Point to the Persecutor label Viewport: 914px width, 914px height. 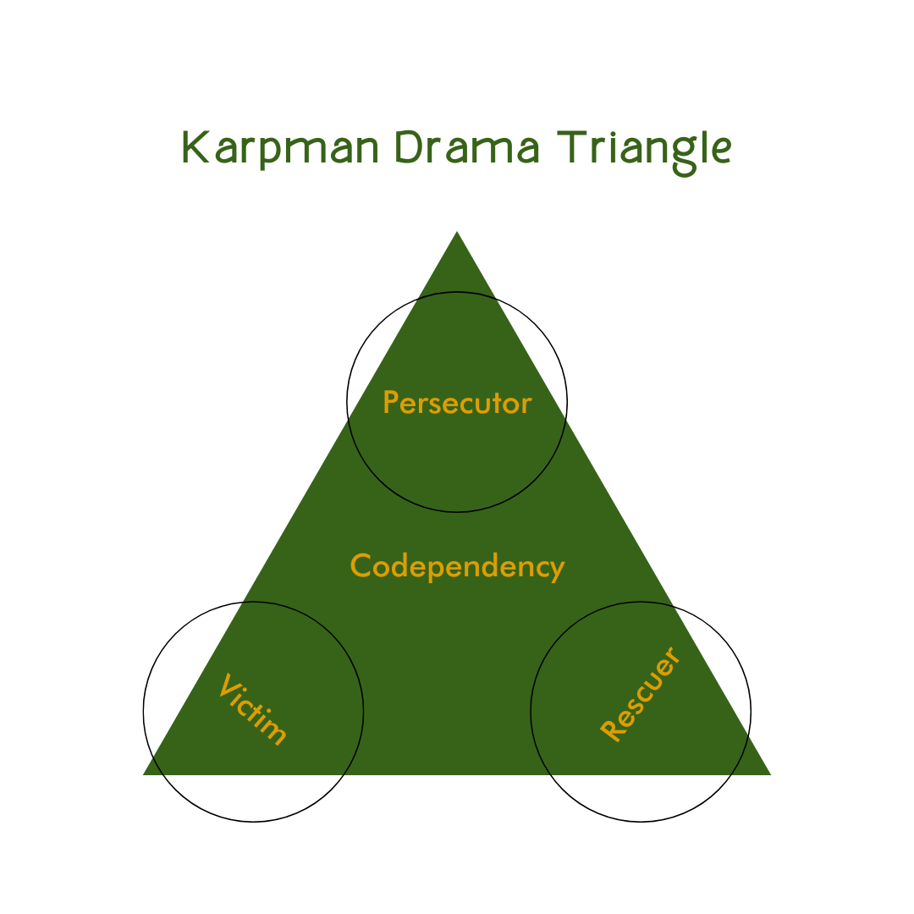point(457,403)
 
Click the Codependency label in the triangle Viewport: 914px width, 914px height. point(457,566)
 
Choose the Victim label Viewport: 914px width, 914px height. point(253,709)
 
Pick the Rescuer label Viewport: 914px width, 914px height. point(640,695)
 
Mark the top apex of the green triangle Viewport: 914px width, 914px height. point(457,233)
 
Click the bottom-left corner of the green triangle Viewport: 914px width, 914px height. point(146,774)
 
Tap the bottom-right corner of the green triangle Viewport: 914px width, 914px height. point(768,774)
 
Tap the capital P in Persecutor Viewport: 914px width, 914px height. point(390,402)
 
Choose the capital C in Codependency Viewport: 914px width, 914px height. point(361,565)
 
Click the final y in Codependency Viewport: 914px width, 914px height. point(557,570)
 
